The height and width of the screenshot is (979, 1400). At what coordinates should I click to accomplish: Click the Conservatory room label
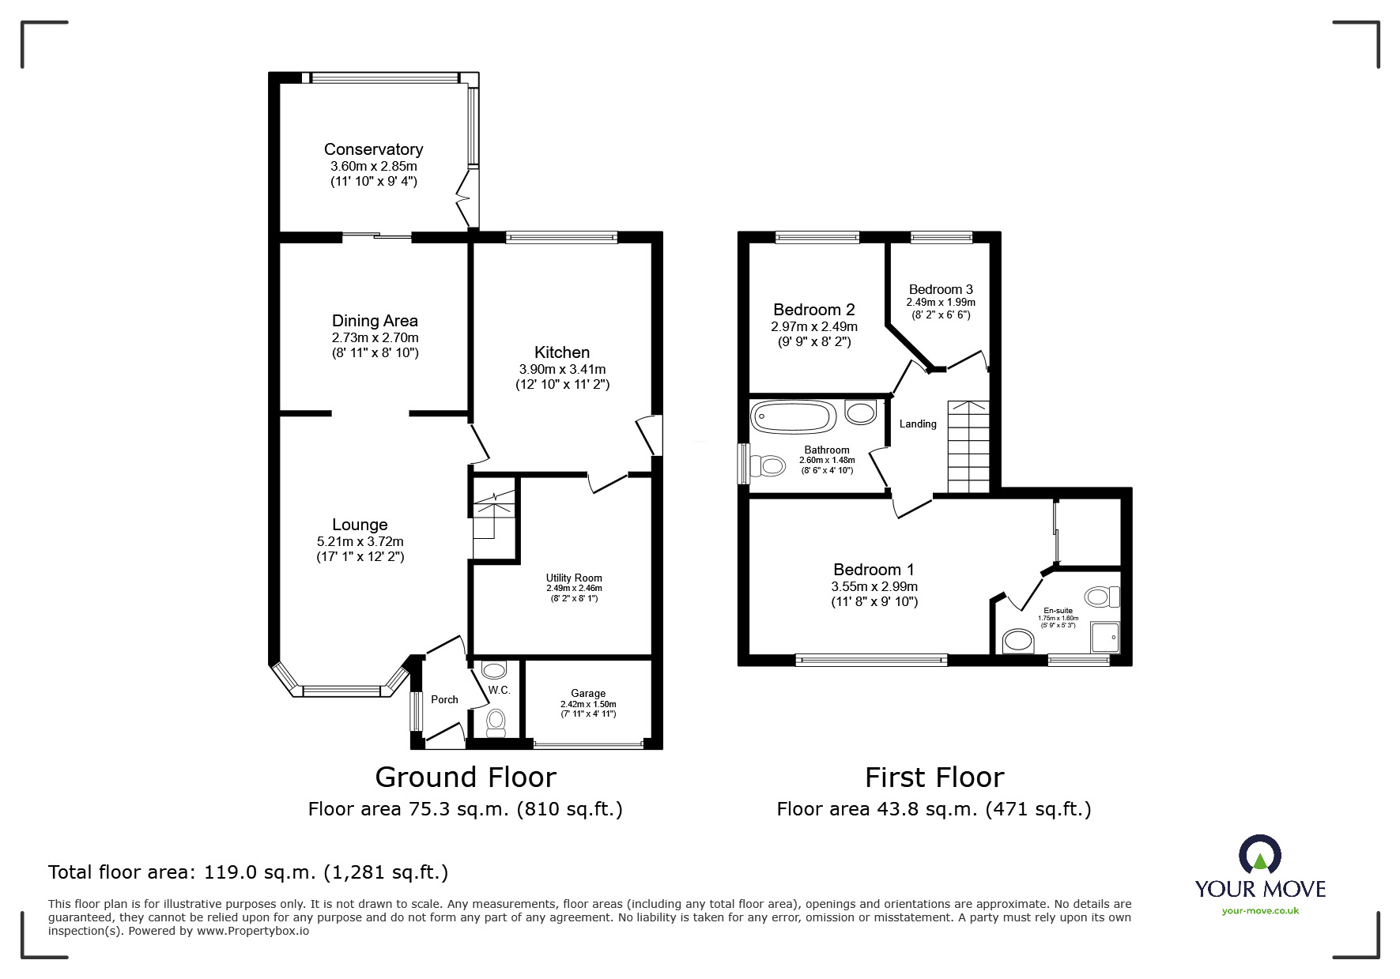tap(373, 149)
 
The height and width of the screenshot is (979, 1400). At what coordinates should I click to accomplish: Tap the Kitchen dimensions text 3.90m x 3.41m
tap(562, 369)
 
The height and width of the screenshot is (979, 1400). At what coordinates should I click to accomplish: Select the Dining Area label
tap(375, 321)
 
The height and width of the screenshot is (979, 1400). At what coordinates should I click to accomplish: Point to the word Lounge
tap(360, 525)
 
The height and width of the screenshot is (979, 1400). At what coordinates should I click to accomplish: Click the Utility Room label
tap(574, 578)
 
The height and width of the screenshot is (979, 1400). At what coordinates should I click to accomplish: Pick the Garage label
tap(588, 694)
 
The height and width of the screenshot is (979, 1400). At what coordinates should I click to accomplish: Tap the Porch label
tap(444, 699)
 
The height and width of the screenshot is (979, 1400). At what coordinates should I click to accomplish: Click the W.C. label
tap(499, 690)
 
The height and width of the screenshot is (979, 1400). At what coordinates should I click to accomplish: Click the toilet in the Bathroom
tap(765, 466)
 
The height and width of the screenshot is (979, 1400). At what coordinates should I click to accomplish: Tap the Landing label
tap(918, 424)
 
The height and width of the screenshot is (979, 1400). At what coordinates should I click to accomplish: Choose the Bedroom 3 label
tap(941, 289)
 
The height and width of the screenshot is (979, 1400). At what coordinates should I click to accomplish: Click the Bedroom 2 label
tap(814, 310)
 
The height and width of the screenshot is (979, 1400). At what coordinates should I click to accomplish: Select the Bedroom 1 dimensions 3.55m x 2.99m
tap(874, 586)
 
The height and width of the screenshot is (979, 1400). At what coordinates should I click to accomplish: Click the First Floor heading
tap(934, 778)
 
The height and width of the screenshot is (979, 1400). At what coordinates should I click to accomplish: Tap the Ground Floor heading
tap(466, 778)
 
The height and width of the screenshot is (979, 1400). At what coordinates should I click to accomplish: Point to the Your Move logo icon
tap(1260, 854)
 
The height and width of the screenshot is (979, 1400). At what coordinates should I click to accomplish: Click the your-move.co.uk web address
tap(1260, 911)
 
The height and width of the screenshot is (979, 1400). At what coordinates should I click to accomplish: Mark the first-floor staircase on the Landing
tap(968, 446)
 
